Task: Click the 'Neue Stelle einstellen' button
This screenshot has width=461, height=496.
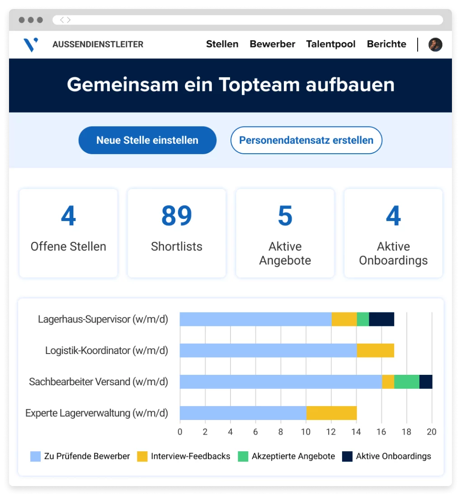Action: coord(147,140)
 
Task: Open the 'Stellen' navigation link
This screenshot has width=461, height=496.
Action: coord(222,44)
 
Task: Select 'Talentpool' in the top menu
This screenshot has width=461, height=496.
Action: coord(330,44)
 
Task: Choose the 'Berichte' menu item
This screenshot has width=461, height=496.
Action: coord(386,44)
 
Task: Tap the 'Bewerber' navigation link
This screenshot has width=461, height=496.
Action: coord(272,44)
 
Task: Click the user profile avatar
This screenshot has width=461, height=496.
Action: coord(435,44)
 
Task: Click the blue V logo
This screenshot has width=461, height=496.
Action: coord(31,44)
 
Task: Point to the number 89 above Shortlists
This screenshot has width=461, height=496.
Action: coord(176,216)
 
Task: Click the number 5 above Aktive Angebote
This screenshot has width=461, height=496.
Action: coord(285,216)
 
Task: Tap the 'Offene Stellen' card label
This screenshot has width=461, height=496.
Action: coord(68,246)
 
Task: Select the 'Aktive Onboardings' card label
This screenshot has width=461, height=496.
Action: coord(393,253)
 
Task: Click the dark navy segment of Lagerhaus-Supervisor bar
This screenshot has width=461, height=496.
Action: coord(381,319)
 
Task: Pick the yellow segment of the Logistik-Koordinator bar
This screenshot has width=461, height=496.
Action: coord(375,350)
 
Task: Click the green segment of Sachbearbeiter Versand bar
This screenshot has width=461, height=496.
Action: coord(407,382)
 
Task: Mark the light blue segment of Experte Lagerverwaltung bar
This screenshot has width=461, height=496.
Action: coord(243,413)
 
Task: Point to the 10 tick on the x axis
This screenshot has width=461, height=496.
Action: coord(306,432)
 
